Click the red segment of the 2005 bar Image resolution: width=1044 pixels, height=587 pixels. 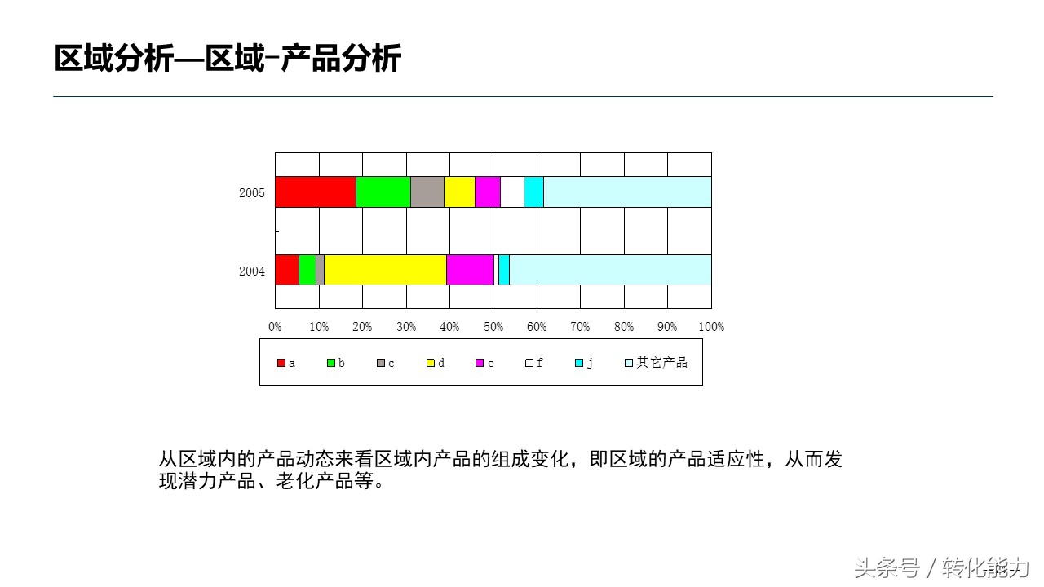[316, 192]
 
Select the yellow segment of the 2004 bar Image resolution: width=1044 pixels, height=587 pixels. [385, 270]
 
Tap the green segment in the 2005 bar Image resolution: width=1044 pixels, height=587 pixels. [383, 192]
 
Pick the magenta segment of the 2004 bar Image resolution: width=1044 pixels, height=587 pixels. [470, 270]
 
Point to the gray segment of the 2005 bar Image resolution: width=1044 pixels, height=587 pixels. [427, 192]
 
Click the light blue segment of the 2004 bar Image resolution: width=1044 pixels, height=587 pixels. [610, 270]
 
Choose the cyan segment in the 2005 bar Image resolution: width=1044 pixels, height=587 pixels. [533, 192]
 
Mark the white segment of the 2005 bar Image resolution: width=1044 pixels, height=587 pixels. [511, 192]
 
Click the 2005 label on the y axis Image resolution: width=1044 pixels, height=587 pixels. [252, 193]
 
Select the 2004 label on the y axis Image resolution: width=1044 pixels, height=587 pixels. [252, 271]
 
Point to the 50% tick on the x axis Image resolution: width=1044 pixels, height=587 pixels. [493, 327]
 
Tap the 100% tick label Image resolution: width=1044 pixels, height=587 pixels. [711, 327]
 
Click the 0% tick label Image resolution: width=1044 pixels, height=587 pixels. [276, 327]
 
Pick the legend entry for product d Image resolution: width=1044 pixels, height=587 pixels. [436, 363]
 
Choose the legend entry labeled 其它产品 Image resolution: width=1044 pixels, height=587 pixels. [657, 363]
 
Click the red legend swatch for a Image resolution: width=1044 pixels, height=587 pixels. [281, 363]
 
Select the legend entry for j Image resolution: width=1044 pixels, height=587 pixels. [584, 363]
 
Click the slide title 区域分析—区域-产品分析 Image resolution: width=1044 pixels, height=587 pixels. [228, 60]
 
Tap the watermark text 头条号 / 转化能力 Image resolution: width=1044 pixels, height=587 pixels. [942, 567]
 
